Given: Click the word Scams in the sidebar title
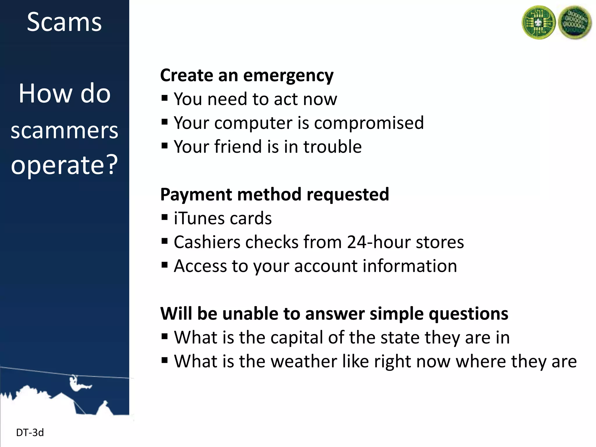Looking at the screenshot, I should (64, 22).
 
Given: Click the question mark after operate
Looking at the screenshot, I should (112, 165).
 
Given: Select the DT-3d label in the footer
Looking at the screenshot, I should (30, 433).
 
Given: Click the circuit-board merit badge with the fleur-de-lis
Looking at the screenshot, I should (538, 23).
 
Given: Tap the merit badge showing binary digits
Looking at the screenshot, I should (575, 23).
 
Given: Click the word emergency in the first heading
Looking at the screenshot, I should (288, 76).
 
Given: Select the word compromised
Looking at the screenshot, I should (369, 123).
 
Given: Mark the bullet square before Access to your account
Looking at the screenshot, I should (165, 265).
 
